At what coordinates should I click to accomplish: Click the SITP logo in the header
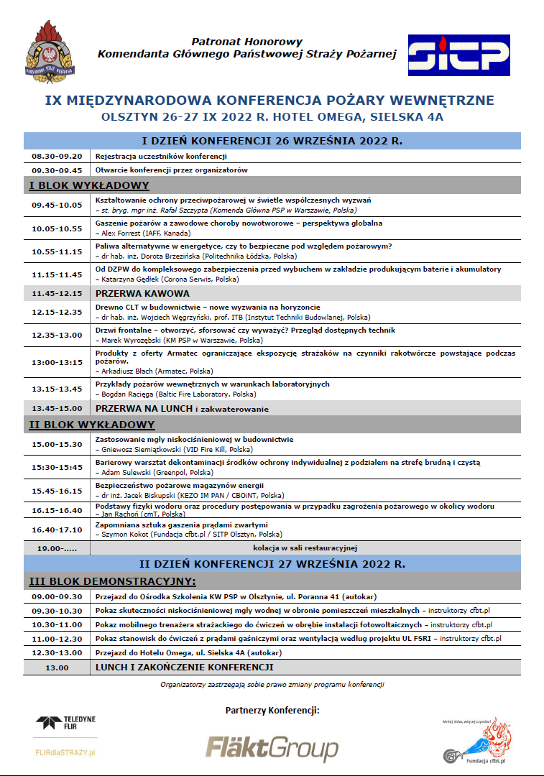click(x=458, y=55)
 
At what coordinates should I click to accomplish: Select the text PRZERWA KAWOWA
click(x=142, y=293)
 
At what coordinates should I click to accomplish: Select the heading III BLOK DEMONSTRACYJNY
click(x=112, y=581)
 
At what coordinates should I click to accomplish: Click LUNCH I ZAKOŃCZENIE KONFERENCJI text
click(x=185, y=667)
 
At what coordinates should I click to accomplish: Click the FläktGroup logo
click(x=272, y=748)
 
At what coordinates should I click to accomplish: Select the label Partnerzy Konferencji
click(x=272, y=711)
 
